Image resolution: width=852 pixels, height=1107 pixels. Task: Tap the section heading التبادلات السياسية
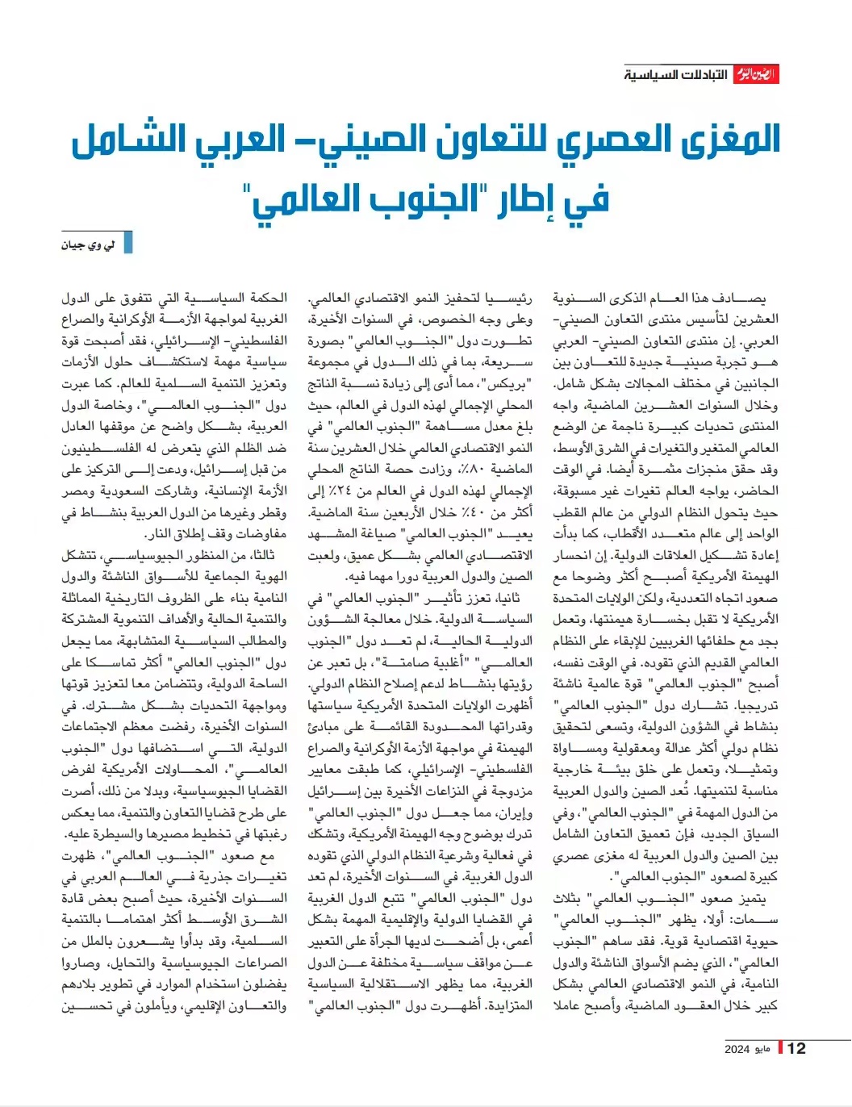(676, 75)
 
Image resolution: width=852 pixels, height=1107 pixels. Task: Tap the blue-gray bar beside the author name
(127, 244)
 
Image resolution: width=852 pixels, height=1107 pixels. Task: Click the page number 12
(796, 1048)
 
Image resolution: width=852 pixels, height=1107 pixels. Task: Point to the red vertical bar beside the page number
(780, 1048)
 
